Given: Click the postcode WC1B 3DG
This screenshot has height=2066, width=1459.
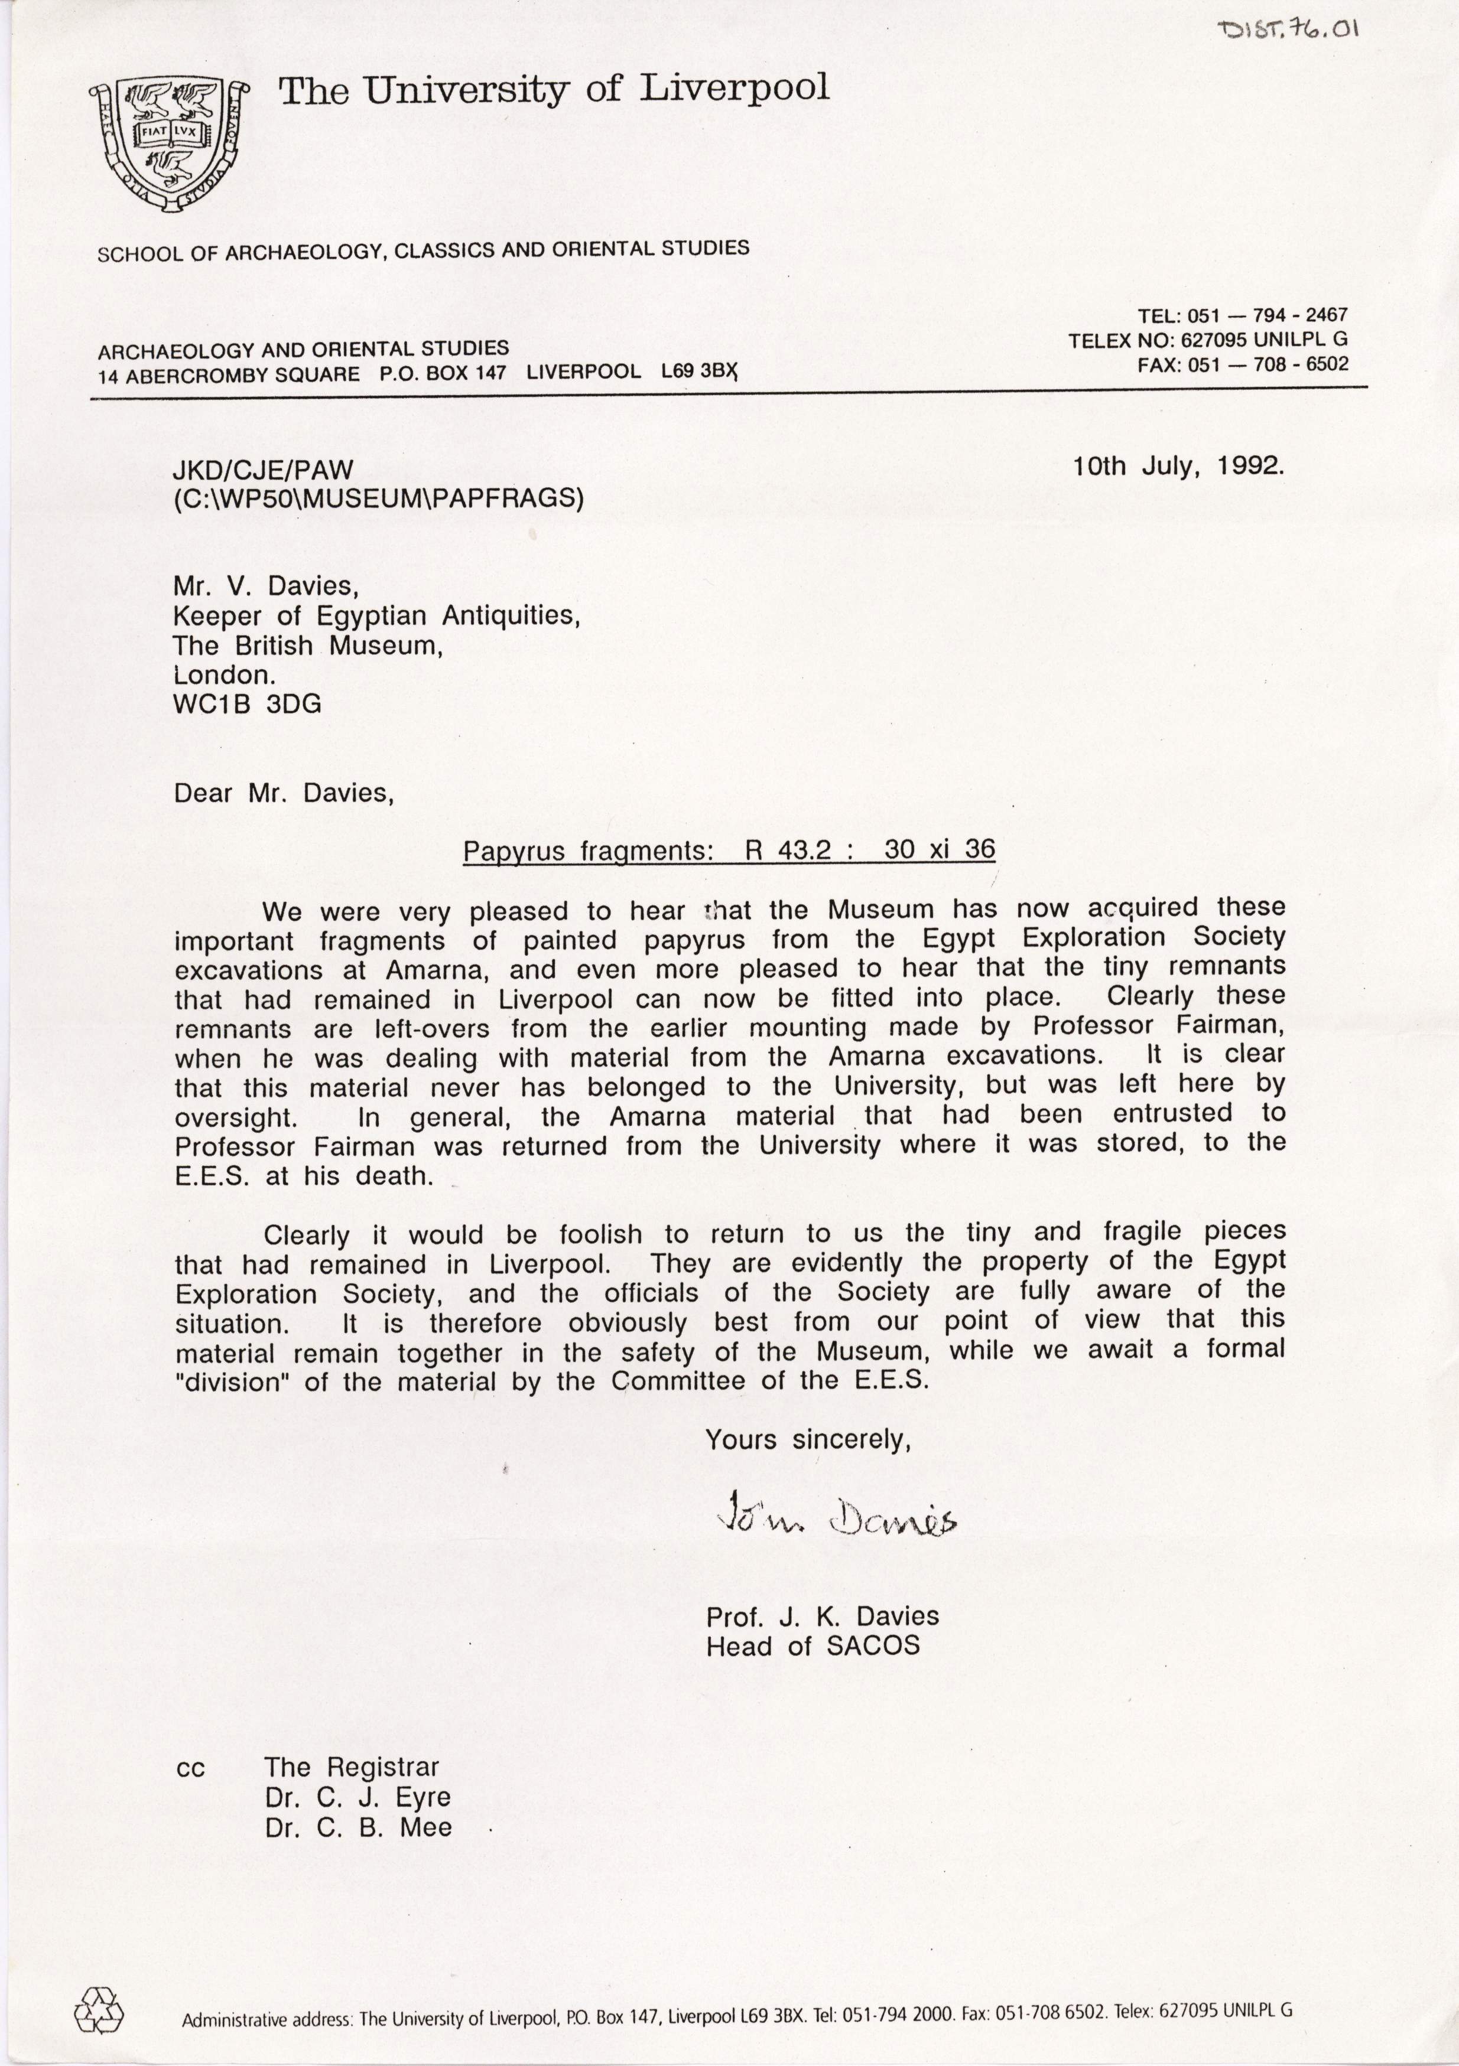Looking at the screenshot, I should (248, 705).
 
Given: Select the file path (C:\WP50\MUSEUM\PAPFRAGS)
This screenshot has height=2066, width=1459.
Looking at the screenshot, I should (378, 498).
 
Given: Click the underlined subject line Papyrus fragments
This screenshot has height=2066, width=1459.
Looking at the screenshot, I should (729, 850).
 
